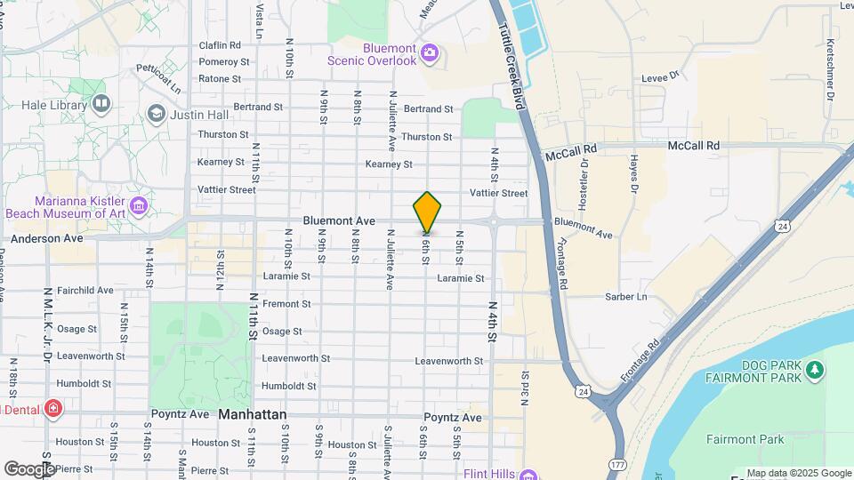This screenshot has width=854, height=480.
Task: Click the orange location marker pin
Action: point(427,212)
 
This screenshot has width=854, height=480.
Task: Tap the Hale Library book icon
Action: point(101,106)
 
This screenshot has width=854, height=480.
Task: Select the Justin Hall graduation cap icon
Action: point(157,114)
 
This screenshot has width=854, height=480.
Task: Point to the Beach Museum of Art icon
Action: point(138,207)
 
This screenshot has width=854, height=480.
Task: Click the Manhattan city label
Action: point(253,415)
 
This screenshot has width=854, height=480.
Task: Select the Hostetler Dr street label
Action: point(584,183)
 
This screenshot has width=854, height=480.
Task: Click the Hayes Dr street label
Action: point(634,173)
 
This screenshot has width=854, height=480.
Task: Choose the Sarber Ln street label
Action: point(625,296)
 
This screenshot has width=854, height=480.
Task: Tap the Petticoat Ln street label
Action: point(158,77)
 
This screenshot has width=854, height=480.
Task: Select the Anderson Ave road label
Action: point(46,238)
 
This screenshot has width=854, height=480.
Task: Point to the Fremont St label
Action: point(286,304)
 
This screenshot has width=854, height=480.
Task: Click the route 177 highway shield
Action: point(617,465)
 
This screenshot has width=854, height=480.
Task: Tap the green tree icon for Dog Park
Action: point(812,368)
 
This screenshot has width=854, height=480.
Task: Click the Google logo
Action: point(29,468)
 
